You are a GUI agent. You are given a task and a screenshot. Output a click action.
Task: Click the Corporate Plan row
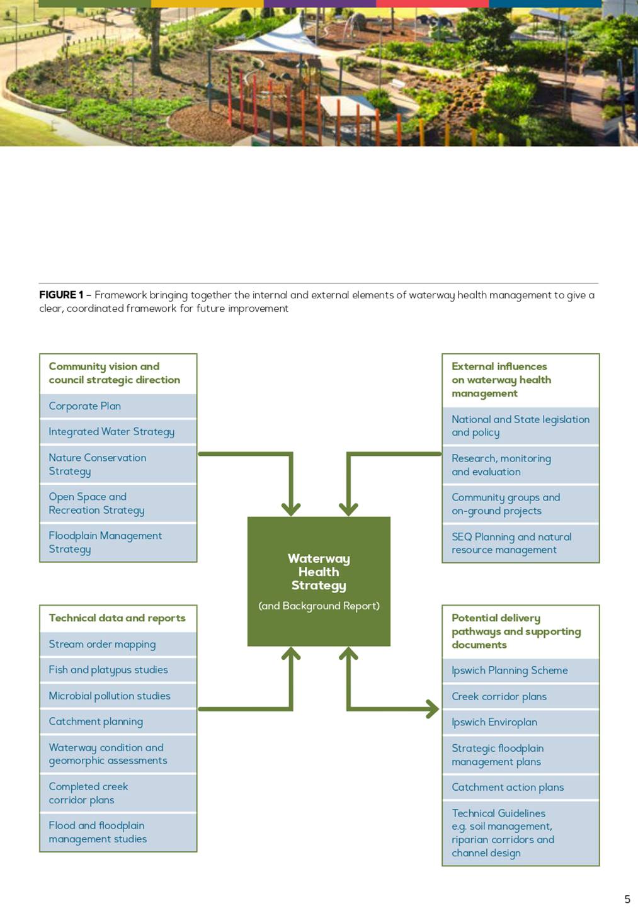click(x=118, y=406)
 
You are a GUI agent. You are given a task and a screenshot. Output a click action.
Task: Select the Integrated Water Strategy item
click(x=118, y=431)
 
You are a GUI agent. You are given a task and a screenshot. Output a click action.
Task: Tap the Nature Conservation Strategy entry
click(x=118, y=464)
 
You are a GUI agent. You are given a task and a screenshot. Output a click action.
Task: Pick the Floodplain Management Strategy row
click(x=118, y=542)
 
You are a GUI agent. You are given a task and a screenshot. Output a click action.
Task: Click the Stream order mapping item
click(x=118, y=644)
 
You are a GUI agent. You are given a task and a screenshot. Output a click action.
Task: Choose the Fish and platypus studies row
click(x=118, y=670)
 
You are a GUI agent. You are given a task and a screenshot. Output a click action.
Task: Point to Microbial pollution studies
click(x=118, y=696)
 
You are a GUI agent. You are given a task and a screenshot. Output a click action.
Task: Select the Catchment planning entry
click(x=118, y=721)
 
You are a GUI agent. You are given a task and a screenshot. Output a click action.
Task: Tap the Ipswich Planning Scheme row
click(x=520, y=671)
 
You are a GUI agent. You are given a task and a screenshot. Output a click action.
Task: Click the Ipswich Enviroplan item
click(x=520, y=722)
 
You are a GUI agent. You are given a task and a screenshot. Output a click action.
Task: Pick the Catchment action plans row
click(x=520, y=788)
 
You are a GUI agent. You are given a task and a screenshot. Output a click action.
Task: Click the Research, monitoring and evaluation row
click(x=520, y=465)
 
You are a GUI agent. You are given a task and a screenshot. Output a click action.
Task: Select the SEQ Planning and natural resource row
click(x=520, y=543)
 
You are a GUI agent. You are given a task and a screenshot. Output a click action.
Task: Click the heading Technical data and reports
click(x=117, y=618)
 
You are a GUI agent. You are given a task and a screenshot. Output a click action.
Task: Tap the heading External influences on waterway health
click(x=501, y=380)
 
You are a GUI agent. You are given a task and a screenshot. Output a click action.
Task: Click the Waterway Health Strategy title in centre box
click(x=319, y=572)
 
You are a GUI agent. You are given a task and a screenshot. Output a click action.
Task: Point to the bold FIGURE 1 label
click(x=61, y=295)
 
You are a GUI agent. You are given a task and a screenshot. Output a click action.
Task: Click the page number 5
click(x=627, y=899)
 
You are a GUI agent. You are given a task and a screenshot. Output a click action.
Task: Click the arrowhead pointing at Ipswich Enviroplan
click(x=433, y=710)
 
